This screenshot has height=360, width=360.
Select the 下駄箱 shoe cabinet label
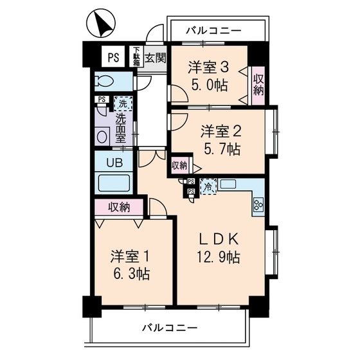coord(136,56)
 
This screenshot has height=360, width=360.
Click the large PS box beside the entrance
coord(113,56)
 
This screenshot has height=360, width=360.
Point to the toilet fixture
coord(104,82)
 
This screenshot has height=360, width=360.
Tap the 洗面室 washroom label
coord(120,129)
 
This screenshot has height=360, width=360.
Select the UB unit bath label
coord(113,161)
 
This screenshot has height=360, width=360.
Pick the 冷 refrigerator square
coord(208,186)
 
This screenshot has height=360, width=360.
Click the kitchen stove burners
coord(258,206)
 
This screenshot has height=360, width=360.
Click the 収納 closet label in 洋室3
coord(258,85)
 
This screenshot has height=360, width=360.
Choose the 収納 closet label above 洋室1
coord(120,207)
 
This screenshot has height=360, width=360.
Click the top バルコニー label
coord(215,30)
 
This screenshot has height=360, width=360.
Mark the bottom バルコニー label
coord(170,328)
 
